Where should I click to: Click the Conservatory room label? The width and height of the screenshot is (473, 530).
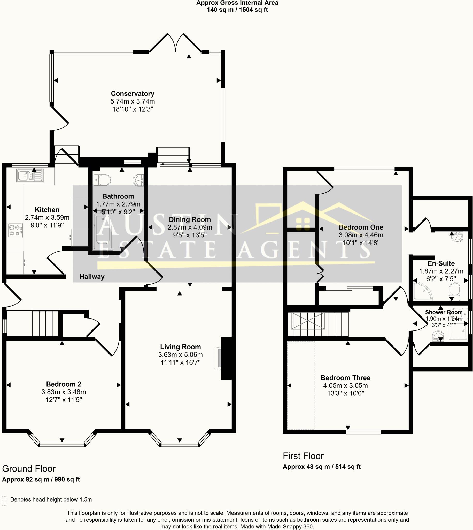pos(133,93)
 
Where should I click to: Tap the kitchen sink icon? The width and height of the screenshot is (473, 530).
pos(30,175)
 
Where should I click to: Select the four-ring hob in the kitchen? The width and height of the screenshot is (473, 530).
pos(15,230)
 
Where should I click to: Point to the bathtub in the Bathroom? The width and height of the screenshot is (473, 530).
pos(103,232)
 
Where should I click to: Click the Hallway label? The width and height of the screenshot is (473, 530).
pos(92,277)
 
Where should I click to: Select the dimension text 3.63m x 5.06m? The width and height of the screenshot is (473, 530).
pos(180,355)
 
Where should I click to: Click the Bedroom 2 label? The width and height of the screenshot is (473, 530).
pos(64,384)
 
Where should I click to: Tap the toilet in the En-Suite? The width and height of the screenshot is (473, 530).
pos(455,292)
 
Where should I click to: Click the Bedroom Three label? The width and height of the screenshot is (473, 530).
pos(345,378)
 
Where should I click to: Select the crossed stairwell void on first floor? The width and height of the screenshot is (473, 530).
pos(308,321)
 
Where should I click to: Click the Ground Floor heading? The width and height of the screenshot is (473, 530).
pos(29,469)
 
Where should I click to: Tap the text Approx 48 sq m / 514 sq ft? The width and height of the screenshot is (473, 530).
pos(321,467)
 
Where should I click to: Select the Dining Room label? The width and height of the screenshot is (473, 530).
pos(190,219)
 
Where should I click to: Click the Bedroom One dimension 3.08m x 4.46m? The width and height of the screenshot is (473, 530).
pos(361,235)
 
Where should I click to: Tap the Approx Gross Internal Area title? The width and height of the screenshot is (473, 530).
pos(237,3)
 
